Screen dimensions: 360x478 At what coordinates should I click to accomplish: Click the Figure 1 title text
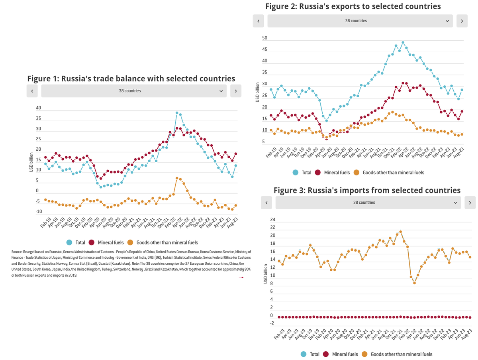click(x=131, y=79)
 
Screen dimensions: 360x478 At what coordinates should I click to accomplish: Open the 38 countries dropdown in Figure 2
click(x=360, y=21)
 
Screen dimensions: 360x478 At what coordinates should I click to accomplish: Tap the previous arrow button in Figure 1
click(x=32, y=91)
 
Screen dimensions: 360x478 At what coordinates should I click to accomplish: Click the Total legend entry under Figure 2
click(x=302, y=173)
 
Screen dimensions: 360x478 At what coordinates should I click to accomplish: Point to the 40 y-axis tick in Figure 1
click(x=38, y=108)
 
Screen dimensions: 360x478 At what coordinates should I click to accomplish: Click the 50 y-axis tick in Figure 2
click(x=264, y=38)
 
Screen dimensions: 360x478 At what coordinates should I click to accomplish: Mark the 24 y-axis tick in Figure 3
click(x=272, y=220)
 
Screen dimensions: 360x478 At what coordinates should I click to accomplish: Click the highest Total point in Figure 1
click(x=177, y=113)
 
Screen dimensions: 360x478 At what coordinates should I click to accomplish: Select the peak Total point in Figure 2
click(x=403, y=42)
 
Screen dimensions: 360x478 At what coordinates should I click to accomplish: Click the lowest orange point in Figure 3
click(x=414, y=283)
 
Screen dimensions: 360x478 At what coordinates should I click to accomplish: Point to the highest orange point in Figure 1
click(x=177, y=178)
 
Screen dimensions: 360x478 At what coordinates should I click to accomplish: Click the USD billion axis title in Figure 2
click(x=258, y=92)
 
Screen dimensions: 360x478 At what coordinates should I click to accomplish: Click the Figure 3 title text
click(x=367, y=190)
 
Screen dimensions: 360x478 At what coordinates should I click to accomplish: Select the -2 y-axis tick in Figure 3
click(x=272, y=323)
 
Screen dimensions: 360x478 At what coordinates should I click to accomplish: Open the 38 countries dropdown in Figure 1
click(x=134, y=91)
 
